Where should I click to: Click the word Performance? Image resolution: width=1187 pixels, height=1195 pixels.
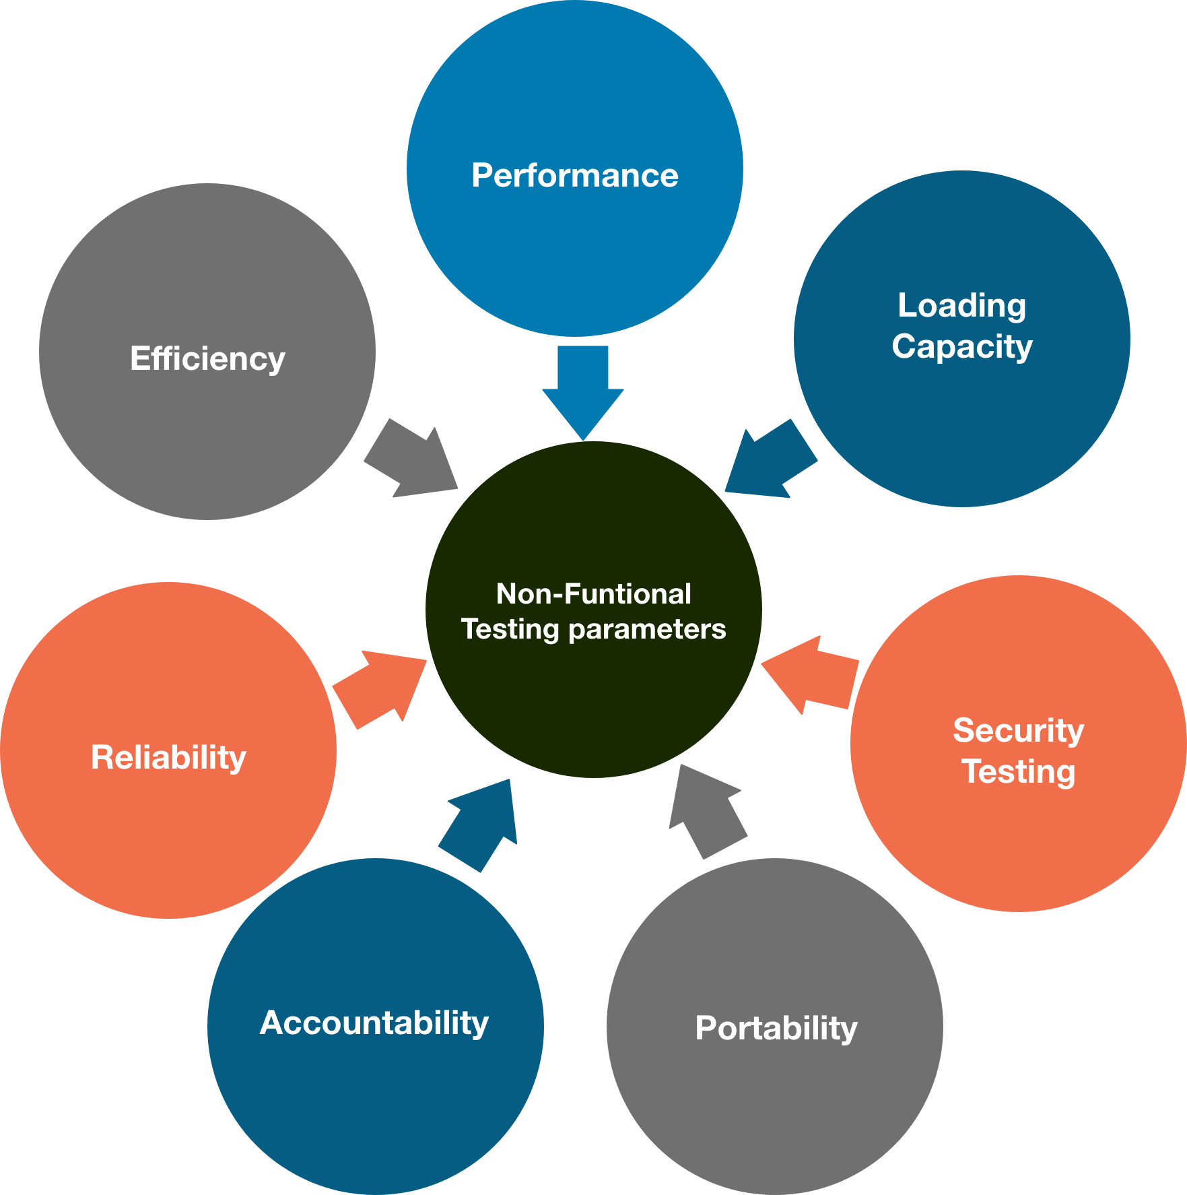[574, 176]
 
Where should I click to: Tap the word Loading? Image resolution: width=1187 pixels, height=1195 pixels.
[961, 306]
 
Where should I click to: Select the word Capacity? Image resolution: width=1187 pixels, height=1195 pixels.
[961, 348]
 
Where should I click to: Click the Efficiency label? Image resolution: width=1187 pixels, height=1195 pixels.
[207, 359]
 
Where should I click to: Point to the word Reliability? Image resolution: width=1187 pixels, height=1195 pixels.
[168, 758]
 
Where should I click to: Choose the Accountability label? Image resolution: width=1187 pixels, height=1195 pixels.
[374, 1023]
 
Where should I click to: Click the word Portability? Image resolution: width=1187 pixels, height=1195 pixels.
[776, 1029]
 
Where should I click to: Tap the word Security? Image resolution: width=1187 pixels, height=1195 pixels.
[1018, 731]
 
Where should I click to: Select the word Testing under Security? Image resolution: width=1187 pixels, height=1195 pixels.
[1018, 772]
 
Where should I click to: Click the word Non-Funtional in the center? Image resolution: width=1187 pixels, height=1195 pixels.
[593, 594]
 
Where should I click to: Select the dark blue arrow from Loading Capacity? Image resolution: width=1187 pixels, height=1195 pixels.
[768, 461]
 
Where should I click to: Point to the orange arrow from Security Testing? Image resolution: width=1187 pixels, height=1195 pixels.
[811, 674]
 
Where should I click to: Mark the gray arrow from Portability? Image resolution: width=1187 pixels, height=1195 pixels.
[707, 812]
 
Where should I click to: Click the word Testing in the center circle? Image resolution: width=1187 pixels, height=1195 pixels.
[510, 630]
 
